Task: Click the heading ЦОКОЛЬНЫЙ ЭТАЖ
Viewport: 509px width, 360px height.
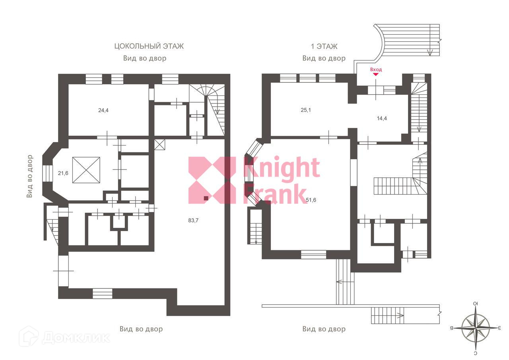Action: pyautogui.click(x=149, y=46)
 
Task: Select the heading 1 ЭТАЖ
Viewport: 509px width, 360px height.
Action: pyautogui.click(x=324, y=46)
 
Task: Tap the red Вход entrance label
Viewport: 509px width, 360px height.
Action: pyautogui.click(x=376, y=70)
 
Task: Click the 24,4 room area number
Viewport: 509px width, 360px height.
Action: pyautogui.click(x=103, y=110)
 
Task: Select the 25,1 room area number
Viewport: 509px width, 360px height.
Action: pyautogui.click(x=305, y=110)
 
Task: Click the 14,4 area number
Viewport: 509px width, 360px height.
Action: pyautogui.click(x=382, y=118)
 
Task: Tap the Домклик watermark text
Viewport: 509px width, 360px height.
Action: pyautogui.click(x=76, y=337)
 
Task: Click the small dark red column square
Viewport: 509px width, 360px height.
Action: pyautogui.click(x=206, y=198)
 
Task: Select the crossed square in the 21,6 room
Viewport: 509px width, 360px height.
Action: pyautogui.click(x=86, y=170)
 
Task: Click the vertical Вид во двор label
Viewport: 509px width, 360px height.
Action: pyautogui.click(x=30, y=176)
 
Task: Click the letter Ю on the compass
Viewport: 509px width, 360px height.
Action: pyautogui.click(x=476, y=304)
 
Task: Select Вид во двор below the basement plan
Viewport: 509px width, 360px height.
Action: pyautogui.click(x=141, y=329)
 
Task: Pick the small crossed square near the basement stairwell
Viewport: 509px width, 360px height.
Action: pyautogui.click(x=159, y=144)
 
